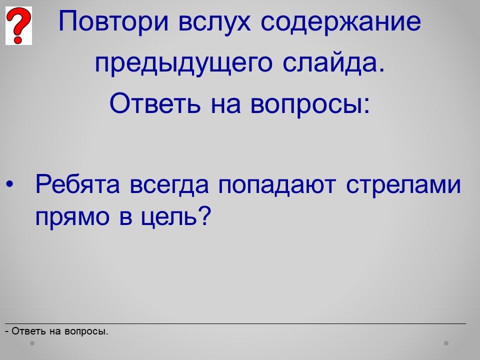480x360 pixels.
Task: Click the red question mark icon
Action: click(x=18, y=25)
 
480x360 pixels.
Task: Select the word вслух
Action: click(x=214, y=22)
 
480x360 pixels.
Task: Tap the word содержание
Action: click(x=341, y=22)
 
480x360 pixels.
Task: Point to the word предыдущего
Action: click(x=183, y=63)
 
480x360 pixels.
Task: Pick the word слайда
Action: click(x=333, y=63)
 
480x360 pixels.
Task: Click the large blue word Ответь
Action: click(x=155, y=103)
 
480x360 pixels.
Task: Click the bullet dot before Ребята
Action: click(x=10, y=184)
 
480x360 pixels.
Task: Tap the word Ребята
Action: click(x=77, y=184)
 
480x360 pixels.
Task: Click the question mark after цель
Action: click(x=203, y=215)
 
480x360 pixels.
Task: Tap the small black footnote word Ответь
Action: click(x=29, y=331)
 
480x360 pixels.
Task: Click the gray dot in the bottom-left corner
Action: click(x=32, y=343)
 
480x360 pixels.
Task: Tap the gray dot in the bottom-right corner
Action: click(x=446, y=343)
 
